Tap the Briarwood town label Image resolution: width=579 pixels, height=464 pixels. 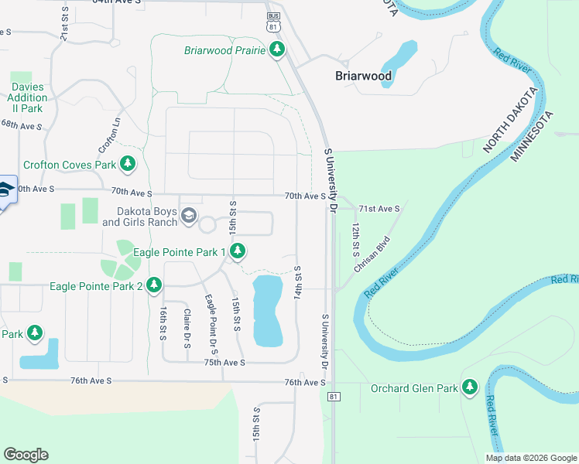[x=363, y=76]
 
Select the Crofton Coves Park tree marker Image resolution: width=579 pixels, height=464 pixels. [x=128, y=164]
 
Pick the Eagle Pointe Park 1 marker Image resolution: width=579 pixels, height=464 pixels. [x=238, y=251]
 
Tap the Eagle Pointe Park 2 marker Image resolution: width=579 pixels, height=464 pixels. [x=154, y=286]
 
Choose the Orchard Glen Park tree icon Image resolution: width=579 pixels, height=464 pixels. [x=469, y=387]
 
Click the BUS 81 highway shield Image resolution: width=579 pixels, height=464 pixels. [x=272, y=22]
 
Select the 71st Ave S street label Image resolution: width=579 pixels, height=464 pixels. [x=379, y=209]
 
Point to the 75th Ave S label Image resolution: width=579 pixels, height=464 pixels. [x=224, y=362]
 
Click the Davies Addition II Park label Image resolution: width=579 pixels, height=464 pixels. [x=27, y=98]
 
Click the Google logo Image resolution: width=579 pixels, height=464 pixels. [x=26, y=455]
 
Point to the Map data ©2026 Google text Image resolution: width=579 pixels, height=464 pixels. [x=530, y=458]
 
